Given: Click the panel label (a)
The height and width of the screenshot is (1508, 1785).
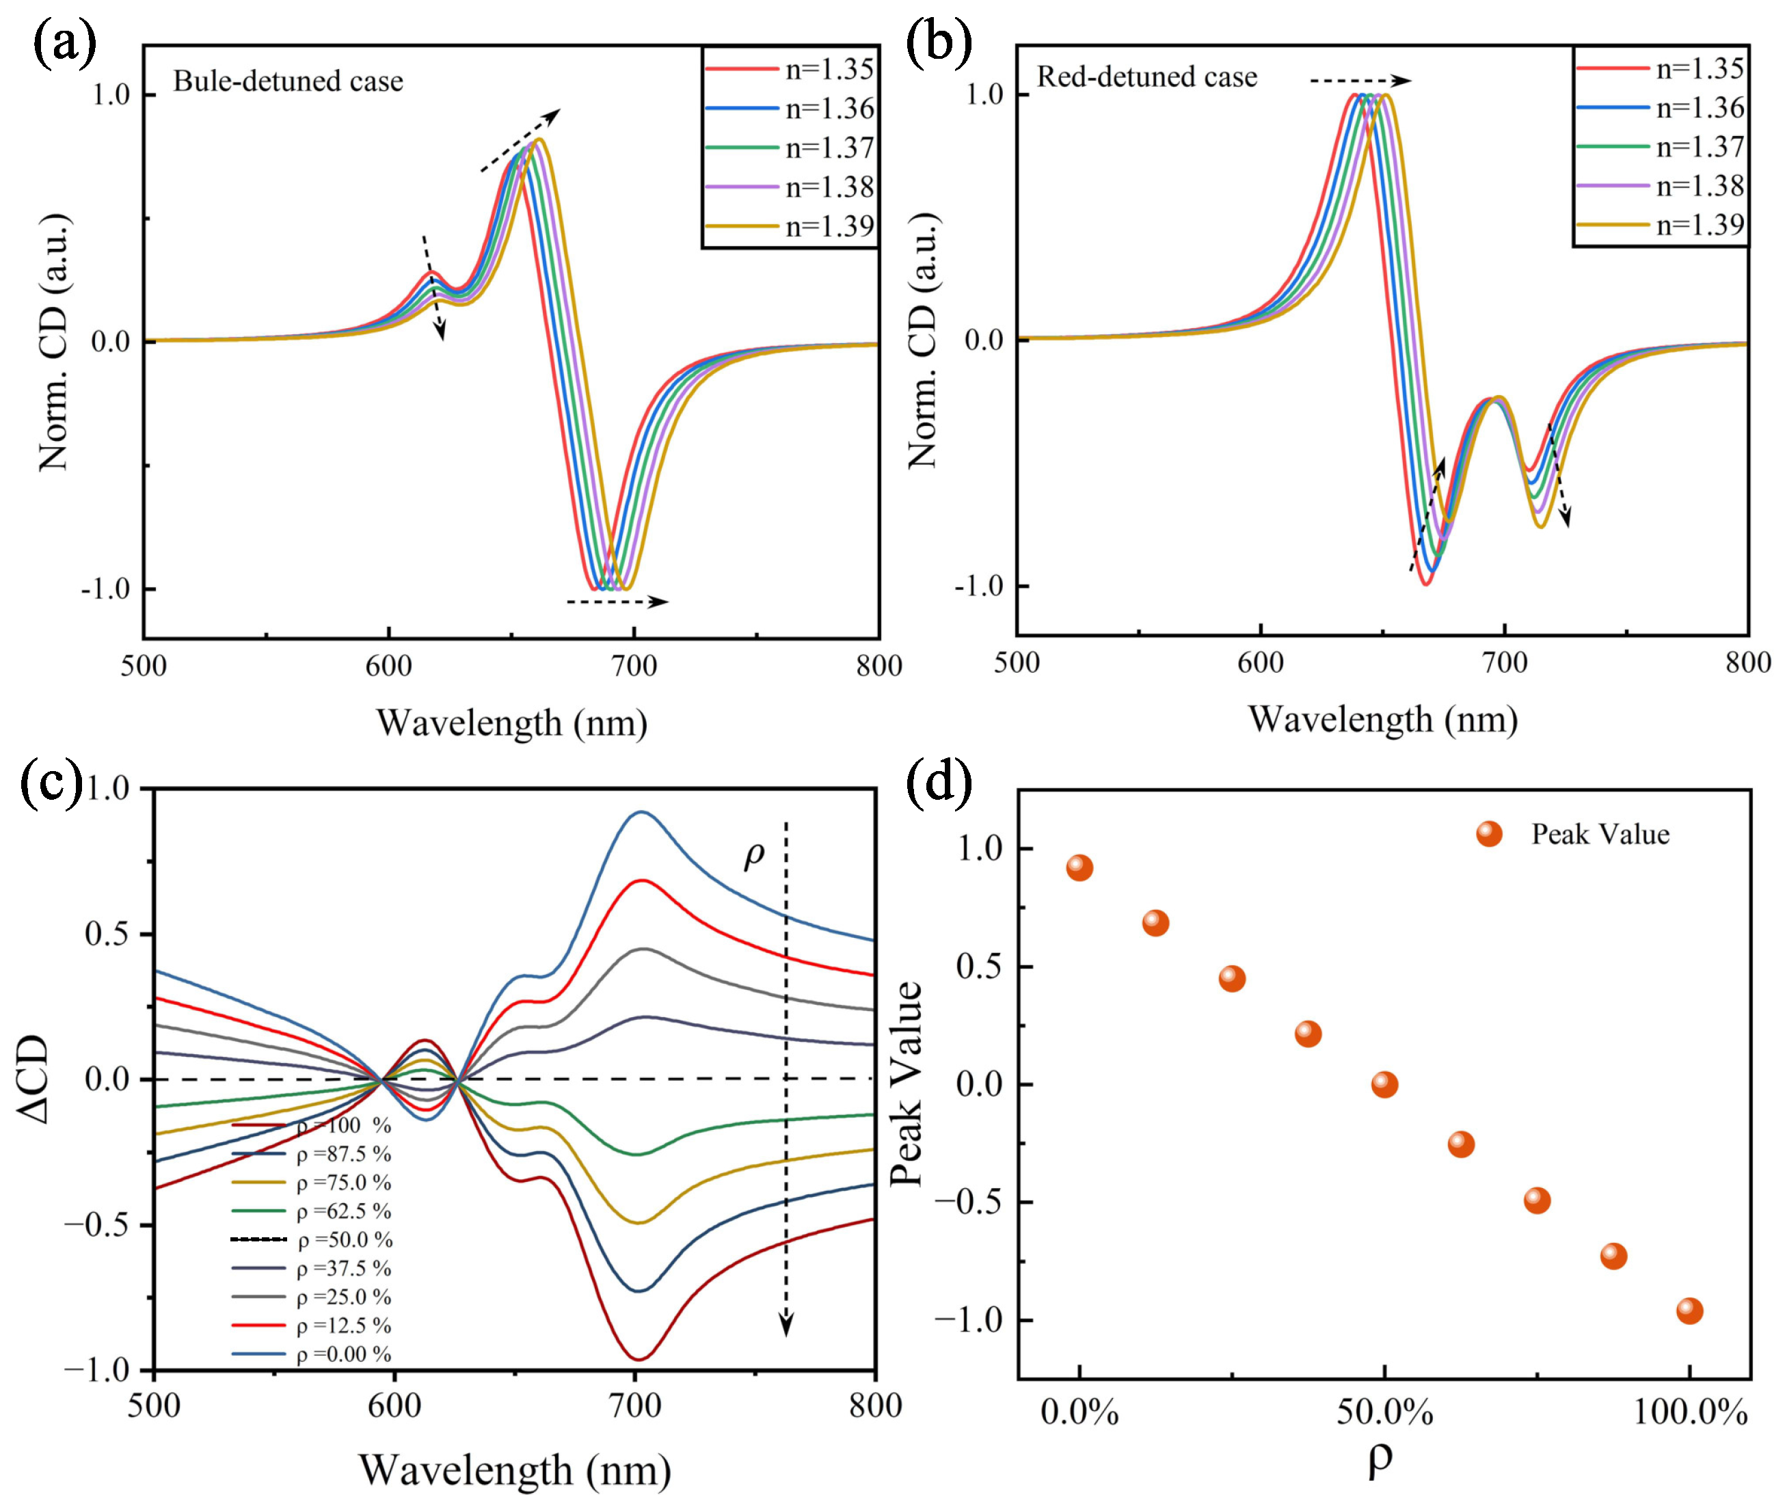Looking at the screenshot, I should pos(64,44).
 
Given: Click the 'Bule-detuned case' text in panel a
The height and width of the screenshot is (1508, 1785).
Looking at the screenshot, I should pos(288,81).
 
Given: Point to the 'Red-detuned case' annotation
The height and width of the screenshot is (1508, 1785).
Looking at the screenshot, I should pos(1146,77).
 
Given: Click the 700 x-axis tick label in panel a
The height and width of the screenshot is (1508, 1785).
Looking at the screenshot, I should pos(634,666).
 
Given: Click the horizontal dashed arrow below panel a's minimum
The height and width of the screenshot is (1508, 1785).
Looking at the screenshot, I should pos(617,602).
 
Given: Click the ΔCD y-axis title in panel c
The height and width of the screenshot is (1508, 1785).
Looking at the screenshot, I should pos(34,1079).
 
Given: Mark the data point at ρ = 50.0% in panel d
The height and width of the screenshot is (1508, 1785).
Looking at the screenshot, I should pos(1384,1085).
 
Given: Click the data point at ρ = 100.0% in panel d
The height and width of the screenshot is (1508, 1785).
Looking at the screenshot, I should pos(1689,1311).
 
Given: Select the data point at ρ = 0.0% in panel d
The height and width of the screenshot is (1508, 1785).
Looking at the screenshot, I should pos(1079,867).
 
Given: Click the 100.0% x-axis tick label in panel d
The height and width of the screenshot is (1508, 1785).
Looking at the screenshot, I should pos(1689,1414).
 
